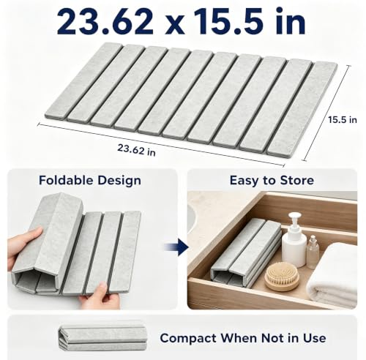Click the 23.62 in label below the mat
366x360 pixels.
[136, 149]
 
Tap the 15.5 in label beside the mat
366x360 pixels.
[343, 120]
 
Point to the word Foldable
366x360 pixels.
[66, 181]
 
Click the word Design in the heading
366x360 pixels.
[119, 181]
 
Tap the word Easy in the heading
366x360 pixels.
[244, 181]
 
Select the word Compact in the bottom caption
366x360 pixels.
[188, 339]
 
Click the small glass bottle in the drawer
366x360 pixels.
[313, 252]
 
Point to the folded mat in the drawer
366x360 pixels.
[246, 254]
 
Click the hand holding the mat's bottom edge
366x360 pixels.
[100, 296]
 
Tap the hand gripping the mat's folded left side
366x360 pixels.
[23, 247]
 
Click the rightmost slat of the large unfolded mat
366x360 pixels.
[302, 108]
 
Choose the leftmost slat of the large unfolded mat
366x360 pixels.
[83, 81]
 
